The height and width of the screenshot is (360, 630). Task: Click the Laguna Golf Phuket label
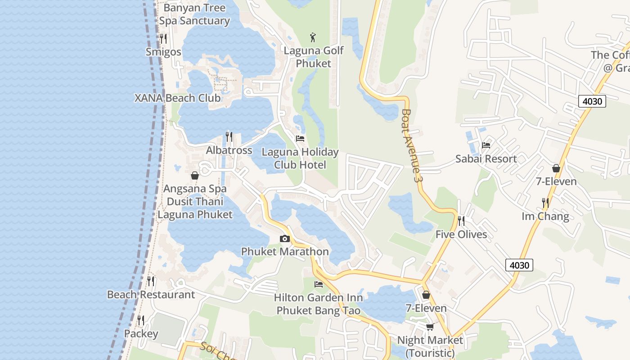tap(313, 57)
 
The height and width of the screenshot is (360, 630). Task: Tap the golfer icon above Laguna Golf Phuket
tap(313, 37)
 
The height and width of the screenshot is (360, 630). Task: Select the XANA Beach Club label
tap(178, 98)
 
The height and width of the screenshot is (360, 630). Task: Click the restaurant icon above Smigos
tap(163, 38)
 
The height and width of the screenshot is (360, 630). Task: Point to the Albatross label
tap(229, 150)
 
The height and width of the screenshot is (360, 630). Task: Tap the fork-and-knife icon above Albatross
tap(229, 136)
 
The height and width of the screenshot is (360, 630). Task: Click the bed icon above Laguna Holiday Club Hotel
tap(300, 139)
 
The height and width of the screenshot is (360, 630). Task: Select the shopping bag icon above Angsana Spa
tap(195, 175)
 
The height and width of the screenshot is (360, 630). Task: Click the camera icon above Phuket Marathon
tap(284, 239)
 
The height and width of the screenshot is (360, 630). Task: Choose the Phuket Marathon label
tap(285, 252)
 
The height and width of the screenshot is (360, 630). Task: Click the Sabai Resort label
tap(486, 159)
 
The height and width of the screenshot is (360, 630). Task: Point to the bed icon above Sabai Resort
tap(486, 145)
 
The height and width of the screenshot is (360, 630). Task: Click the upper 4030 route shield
tap(592, 101)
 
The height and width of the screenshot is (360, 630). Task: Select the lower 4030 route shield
tap(519, 265)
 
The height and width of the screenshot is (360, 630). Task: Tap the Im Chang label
tap(545, 216)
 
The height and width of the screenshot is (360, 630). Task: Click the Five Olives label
tap(461, 234)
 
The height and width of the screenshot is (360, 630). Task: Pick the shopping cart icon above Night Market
tap(430, 327)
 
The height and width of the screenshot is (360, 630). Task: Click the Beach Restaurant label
tap(151, 295)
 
